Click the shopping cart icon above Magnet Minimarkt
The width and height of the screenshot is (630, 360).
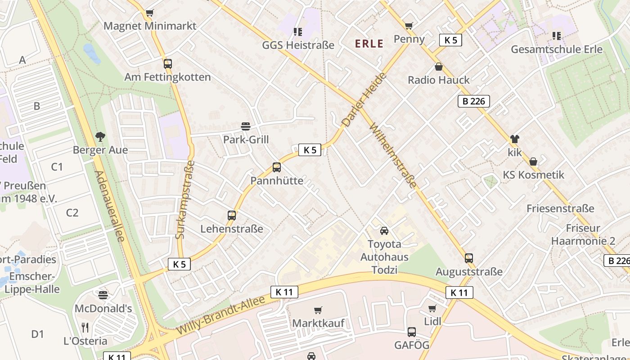coord(149,13)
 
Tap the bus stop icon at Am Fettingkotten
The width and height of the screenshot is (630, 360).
coord(168,64)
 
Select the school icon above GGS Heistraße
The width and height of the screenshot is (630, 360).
coord(297,31)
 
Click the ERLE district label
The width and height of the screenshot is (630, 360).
coord(369,44)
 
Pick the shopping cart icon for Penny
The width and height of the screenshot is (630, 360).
coord(409,26)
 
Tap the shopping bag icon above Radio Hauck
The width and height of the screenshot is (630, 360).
coord(439,67)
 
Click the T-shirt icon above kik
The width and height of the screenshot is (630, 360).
coord(514,139)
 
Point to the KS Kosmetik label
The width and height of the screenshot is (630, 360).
coord(533,175)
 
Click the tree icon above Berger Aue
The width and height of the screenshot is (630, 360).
coord(100,136)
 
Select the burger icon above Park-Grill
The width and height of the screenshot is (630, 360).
coord(246,126)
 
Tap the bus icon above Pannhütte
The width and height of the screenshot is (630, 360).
coord(277,167)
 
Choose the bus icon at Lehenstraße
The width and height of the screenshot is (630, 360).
coord(232,216)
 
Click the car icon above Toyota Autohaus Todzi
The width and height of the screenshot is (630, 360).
coord(384,231)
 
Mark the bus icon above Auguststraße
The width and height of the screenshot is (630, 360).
coord(469,258)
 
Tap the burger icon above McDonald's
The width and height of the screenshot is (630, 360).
coord(103,295)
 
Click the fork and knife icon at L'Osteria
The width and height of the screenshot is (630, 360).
coord(85,327)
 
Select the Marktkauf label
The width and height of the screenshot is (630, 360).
coord(318,323)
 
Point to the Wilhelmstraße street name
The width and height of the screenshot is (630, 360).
coord(393,156)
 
